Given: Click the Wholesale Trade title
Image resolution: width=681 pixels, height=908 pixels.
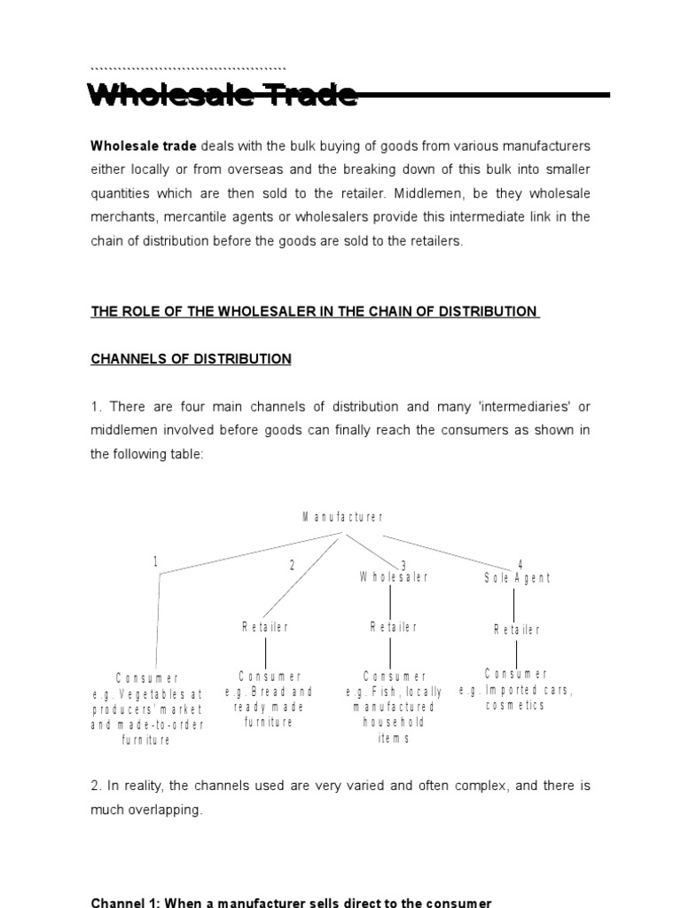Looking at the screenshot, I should coord(223,95).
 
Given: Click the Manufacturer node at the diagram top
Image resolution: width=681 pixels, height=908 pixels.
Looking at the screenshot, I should coord(342,518).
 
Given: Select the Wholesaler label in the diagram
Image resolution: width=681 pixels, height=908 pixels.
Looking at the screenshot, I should coord(393,577).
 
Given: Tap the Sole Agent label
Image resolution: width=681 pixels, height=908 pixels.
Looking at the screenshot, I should coord(517,578).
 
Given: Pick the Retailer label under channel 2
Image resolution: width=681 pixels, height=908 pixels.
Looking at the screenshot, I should coord(265,627).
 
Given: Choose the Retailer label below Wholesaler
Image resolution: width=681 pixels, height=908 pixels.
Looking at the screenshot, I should coord(393,627).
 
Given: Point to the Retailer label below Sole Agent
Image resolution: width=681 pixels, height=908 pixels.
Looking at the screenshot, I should coord(516,630).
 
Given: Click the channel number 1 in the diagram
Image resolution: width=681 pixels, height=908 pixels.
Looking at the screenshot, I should coord(155,561).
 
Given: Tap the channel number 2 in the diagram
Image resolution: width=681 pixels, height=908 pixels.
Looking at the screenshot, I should coord(291,566).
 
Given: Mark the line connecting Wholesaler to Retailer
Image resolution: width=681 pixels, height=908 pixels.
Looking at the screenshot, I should coord(391,601).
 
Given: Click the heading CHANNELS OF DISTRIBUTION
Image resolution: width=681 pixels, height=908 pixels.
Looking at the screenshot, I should coord(191,359).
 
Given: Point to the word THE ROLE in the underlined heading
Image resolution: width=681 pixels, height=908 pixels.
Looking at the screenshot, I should coord(121,311).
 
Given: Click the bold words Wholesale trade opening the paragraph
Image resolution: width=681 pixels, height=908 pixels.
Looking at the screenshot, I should coord(144,145).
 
